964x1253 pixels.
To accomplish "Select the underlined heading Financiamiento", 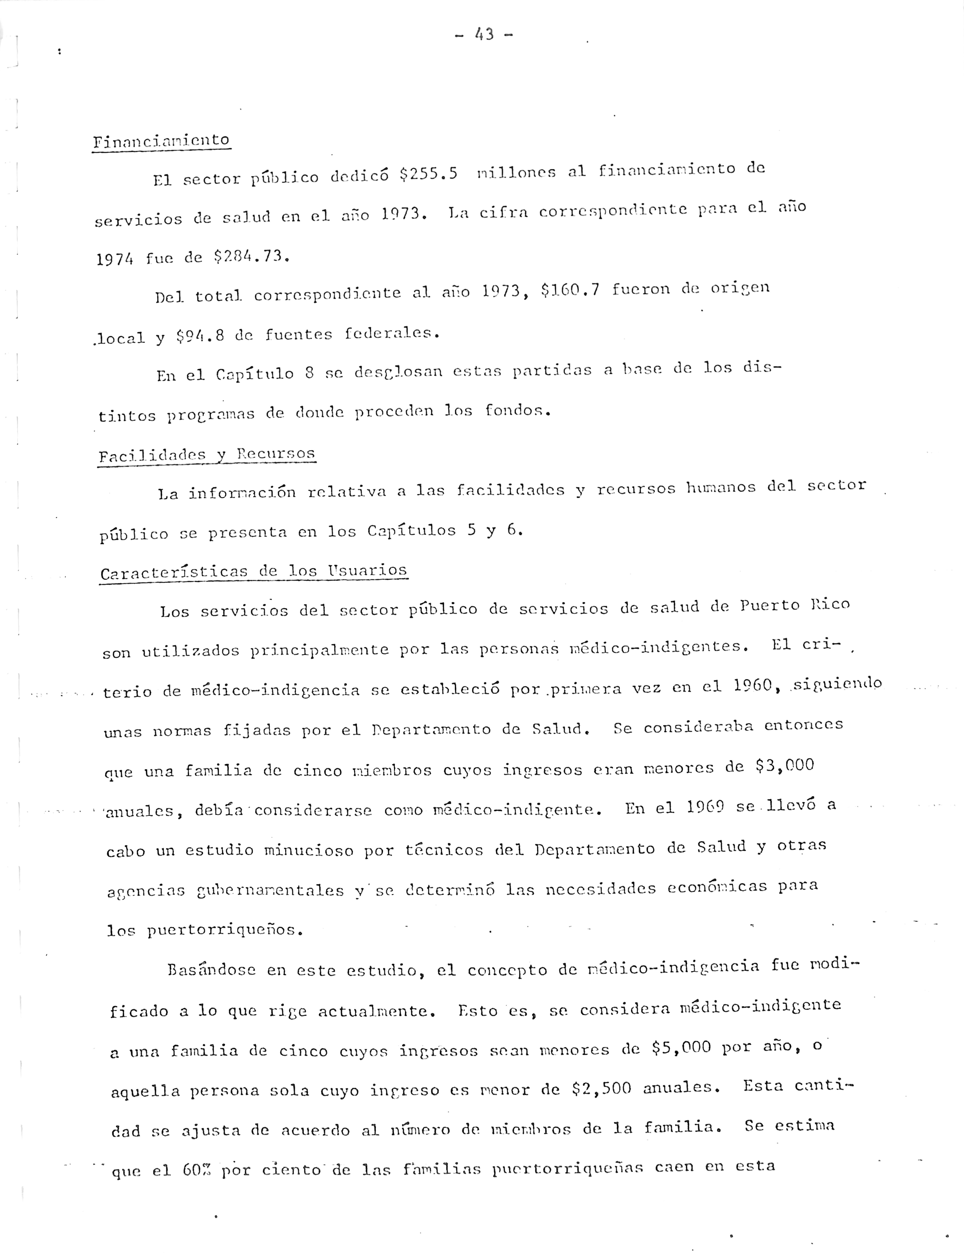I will tap(161, 141).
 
